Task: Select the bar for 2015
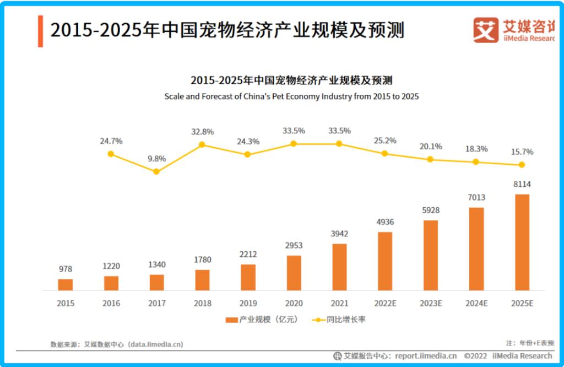[x=66, y=284]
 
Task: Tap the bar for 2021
[x=339, y=266]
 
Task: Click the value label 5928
[x=431, y=211]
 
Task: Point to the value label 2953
[x=294, y=245]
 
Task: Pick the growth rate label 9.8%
[x=156, y=159]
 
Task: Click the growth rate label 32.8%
[x=202, y=132]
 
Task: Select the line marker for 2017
[x=156, y=171]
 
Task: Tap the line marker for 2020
[x=294, y=143]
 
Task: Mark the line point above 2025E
[x=522, y=165]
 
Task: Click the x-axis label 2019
[x=248, y=304]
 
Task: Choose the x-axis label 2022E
[x=385, y=304]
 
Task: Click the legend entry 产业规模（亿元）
[x=261, y=320]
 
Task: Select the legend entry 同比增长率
[x=339, y=320]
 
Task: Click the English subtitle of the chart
[x=291, y=96]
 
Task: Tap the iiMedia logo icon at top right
[x=485, y=30]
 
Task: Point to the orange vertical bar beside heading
[x=40, y=31]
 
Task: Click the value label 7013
[x=476, y=197]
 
